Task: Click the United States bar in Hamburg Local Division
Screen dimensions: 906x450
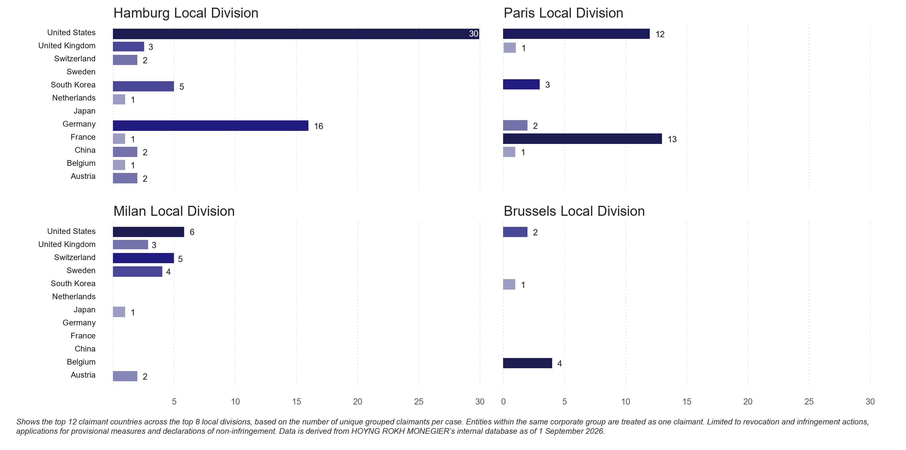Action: pos(296,34)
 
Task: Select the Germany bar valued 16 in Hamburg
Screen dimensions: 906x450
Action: pos(211,125)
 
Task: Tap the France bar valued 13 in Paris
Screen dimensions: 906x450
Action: pos(583,139)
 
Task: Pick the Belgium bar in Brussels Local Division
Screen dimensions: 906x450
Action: pos(527,363)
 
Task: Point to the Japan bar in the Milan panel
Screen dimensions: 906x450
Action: pos(119,312)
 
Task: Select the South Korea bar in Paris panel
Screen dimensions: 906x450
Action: pos(521,84)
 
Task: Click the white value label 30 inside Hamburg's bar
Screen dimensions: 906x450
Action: pos(473,34)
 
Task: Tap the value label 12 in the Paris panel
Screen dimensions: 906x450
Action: pos(660,34)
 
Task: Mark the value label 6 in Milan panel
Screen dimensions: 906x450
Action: pos(192,232)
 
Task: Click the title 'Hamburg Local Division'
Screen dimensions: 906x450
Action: pos(186,13)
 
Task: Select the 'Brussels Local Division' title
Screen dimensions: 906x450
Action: pos(574,211)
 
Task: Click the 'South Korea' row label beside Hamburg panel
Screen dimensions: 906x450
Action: pos(73,85)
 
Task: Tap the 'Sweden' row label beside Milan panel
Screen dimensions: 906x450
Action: pos(81,271)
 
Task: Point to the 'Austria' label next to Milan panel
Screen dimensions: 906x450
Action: pos(83,375)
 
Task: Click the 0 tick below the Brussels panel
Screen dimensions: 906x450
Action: pos(503,402)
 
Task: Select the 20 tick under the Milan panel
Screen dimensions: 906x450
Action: pos(357,402)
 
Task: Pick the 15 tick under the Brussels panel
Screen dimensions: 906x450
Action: pos(687,402)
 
